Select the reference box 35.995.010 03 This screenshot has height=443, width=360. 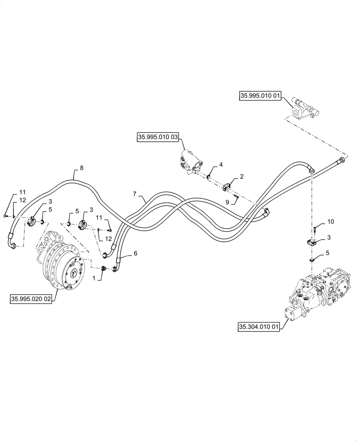tap(158, 138)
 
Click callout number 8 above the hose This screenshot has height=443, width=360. tap(81, 168)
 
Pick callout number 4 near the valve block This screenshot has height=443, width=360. tap(221, 165)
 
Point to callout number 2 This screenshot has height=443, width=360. tap(242, 176)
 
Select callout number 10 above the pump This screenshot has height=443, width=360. tap(331, 221)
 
